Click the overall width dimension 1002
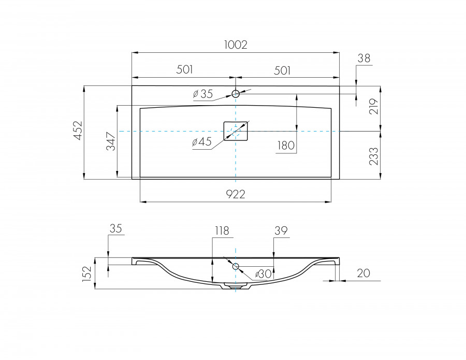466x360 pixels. tap(236, 45)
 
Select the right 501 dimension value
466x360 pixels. tap(282, 70)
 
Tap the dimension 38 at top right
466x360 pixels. tap(364, 59)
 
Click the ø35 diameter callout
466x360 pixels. tap(202, 94)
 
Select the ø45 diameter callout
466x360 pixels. tap(201, 142)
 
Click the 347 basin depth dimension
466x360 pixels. tap(111, 141)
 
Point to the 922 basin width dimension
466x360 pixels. tap(235, 194)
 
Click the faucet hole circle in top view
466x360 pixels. tap(236, 94)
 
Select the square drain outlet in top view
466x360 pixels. tap(236, 131)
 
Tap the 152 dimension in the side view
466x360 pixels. tap(88, 273)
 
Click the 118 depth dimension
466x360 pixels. tap(221, 231)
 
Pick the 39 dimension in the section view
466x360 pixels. tap(281, 231)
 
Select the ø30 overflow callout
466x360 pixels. tap(263, 274)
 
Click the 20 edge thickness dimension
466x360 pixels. tap(363, 273)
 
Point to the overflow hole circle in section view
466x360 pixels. tap(236, 266)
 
